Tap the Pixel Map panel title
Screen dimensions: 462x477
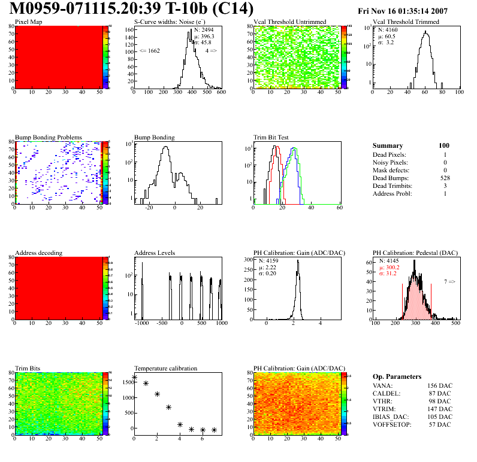(28, 22)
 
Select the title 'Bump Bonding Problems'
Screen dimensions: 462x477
(49, 137)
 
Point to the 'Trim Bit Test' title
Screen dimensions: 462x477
(271, 137)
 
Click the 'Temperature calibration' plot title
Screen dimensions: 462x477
(166, 368)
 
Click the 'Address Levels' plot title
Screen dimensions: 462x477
(155, 253)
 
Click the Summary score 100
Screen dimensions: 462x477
(444, 145)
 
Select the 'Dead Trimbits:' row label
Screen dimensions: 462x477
(394, 186)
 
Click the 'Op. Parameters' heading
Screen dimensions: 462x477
(397, 376)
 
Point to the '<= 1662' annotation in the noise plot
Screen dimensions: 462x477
(149, 51)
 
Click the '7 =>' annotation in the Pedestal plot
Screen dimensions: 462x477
(449, 281)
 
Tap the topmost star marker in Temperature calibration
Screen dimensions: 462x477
(134, 377)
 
